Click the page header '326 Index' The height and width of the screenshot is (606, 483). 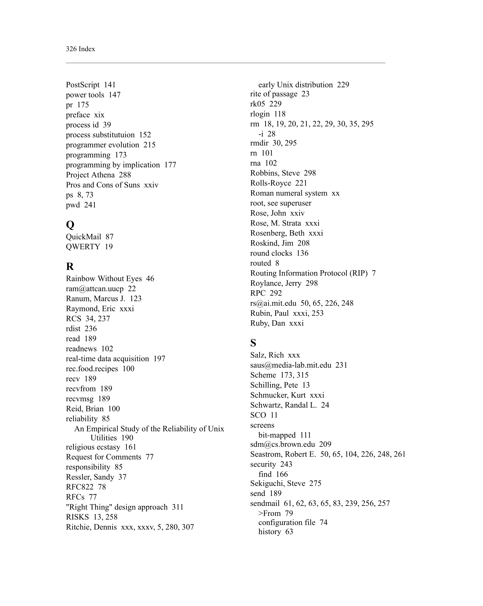coord(80,49)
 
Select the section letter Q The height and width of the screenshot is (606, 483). coord(70,224)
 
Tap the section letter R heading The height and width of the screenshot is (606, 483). coord(70,266)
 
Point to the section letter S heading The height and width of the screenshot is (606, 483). coord(253,343)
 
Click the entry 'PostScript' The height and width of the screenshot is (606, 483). coord(83,85)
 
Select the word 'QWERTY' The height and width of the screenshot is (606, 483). coord(83,247)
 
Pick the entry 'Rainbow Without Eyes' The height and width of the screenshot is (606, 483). coord(104,279)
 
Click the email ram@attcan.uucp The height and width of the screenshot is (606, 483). coord(95,289)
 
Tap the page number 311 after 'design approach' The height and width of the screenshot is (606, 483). coord(177,507)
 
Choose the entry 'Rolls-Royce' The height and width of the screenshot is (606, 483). coord(271,183)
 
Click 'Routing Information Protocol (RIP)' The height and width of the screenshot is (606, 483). coord(309,273)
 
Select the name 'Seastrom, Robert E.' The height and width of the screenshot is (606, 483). coord(283,454)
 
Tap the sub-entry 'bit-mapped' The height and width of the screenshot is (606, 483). coord(277,435)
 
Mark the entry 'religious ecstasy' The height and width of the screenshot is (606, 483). coord(93,447)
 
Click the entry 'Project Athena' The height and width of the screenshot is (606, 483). coord(90,175)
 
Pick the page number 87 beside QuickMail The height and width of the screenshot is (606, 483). coord(109,237)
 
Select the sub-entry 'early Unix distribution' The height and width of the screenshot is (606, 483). coord(295,85)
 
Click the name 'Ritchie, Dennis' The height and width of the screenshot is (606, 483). coord(91,527)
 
